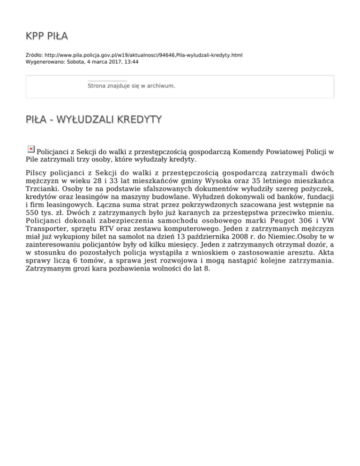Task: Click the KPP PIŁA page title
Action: pos(47,36)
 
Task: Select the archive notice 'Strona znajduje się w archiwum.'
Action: pos(131,86)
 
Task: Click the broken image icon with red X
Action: pos(31,149)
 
